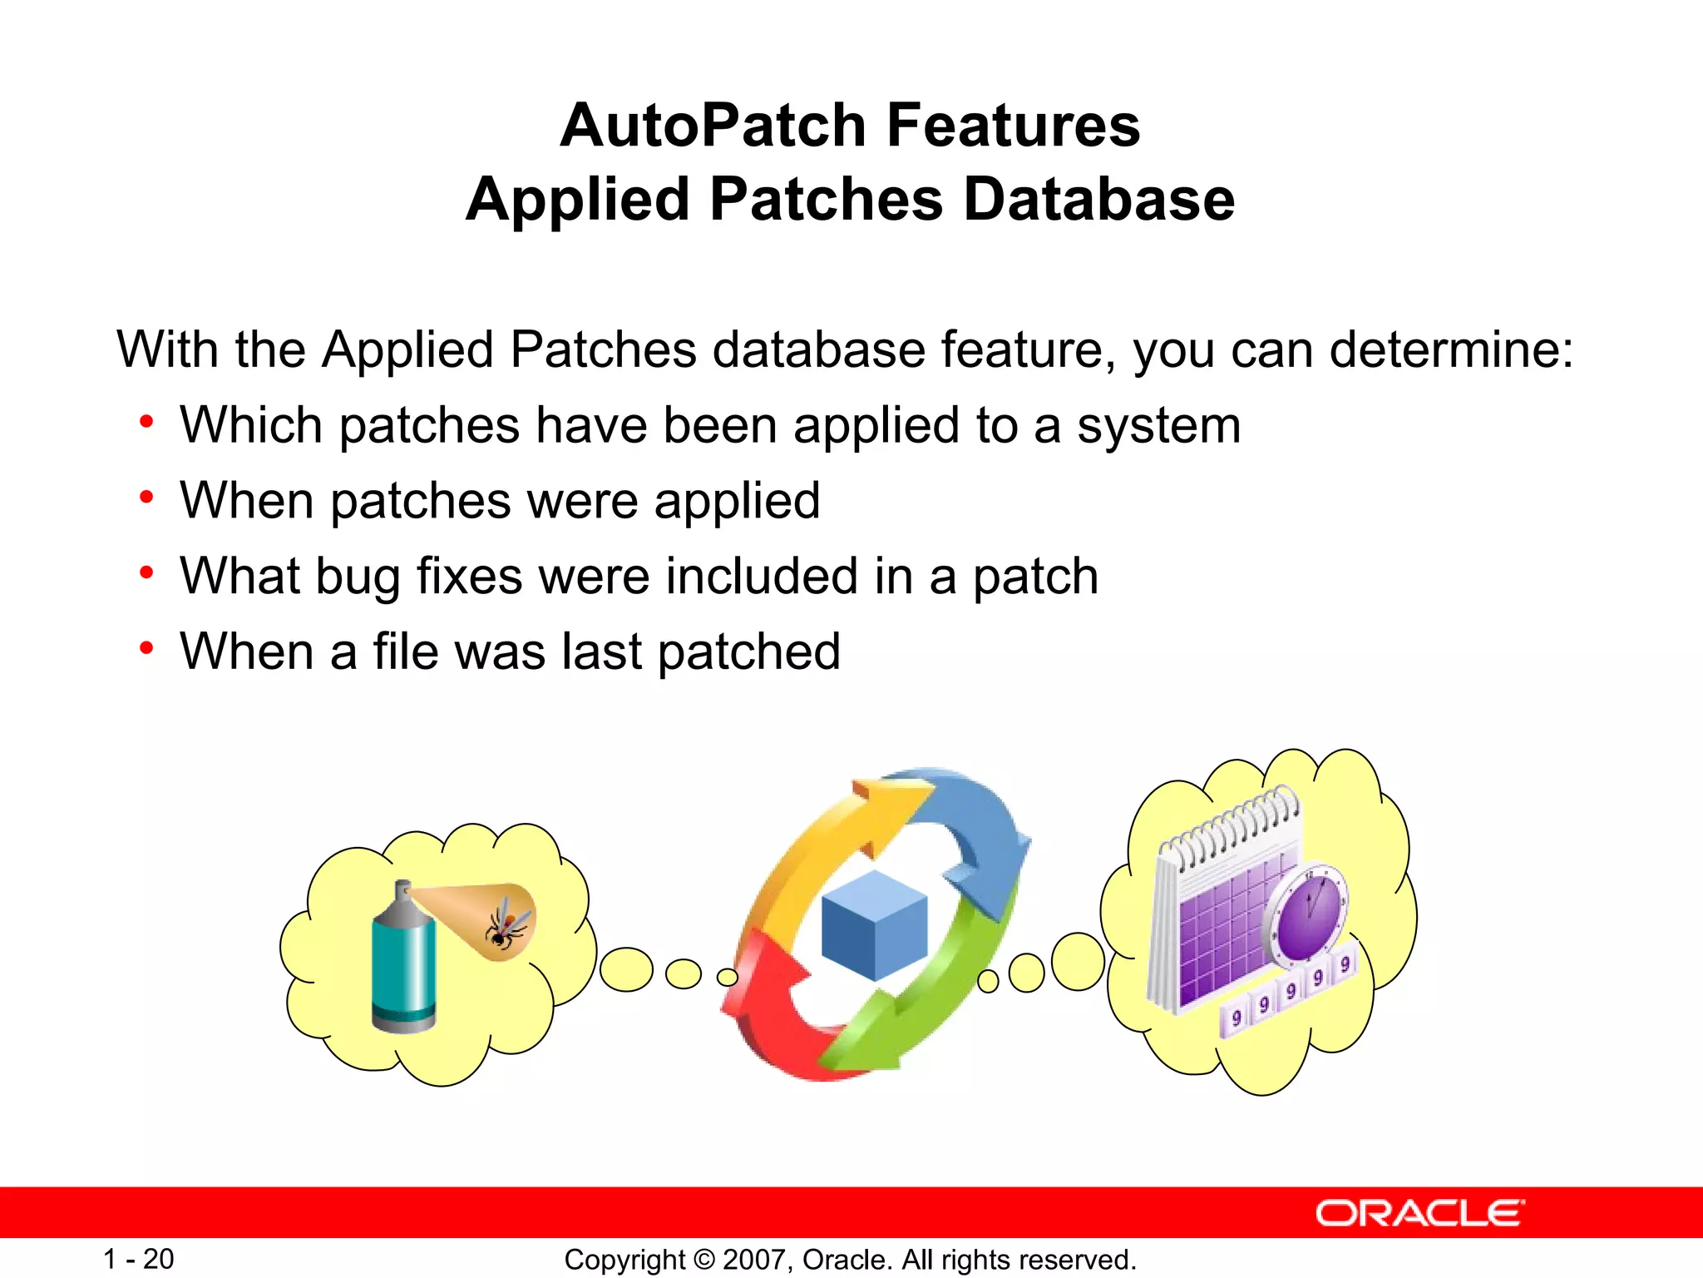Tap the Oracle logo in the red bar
pyautogui.click(x=1419, y=1213)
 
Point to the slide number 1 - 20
pyautogui.click(x=138, y=1259)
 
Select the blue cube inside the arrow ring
pyautogui.click(x=874, y=924)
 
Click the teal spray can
pyautogui.click(x=404, y=965)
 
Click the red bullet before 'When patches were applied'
pyautogui.click(x=147, y=498)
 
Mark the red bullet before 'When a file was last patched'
pyautogui.click(x=147, y=648)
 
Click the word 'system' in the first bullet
pyautogui.click(x=1158, y=426)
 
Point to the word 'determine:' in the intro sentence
pyautogui.click(x=1451, y=349)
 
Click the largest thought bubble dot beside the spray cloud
pyautogui.click(x=626, y=969)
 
